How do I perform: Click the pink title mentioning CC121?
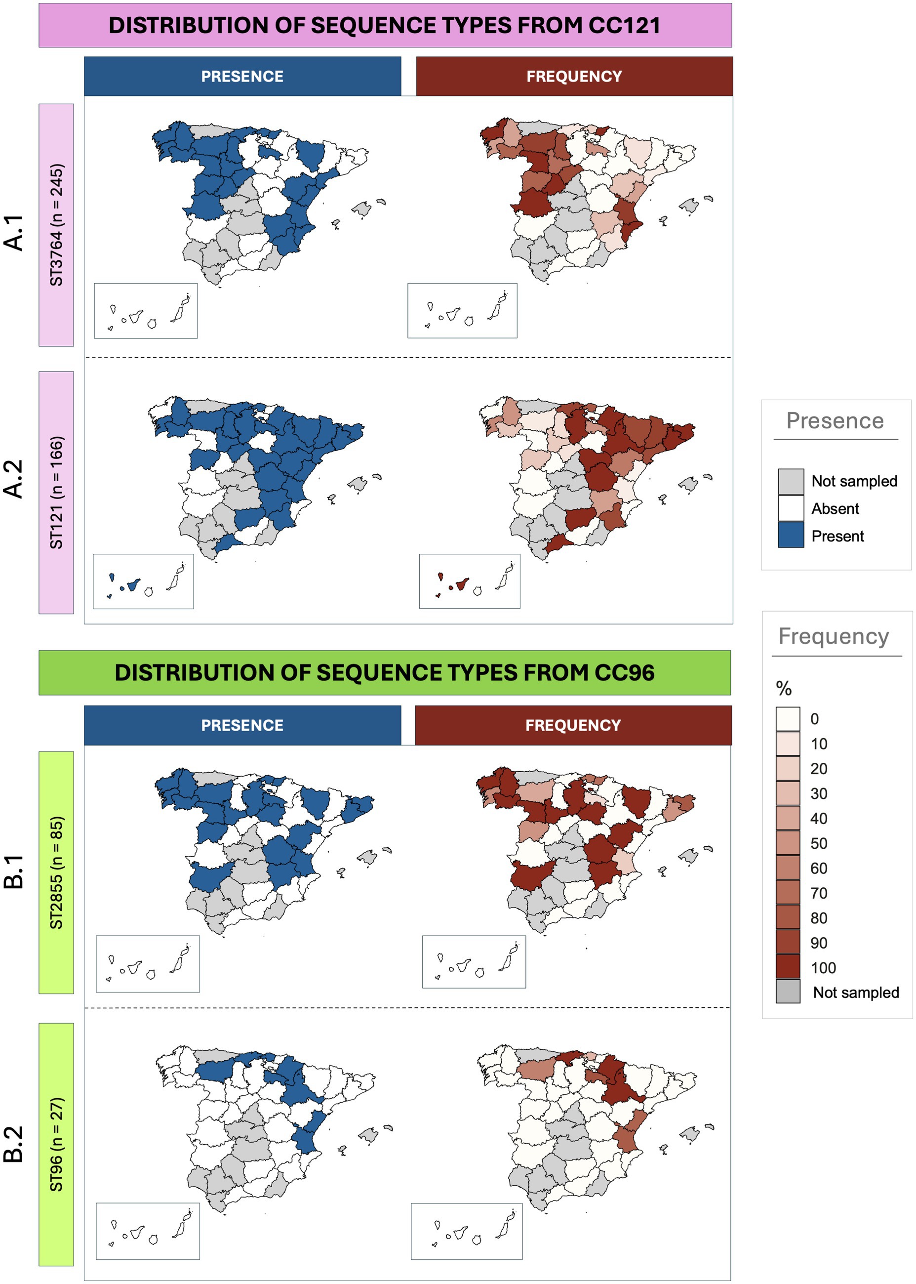pyautogui.click(x=385, y=25)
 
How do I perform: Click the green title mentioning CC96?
pyautogui.click(x=385, y=672)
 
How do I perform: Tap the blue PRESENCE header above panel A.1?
pyautogui.click(x=242, y=76)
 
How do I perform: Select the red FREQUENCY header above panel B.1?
pyautogui.click(x=573, y=725)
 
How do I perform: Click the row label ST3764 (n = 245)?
pyautogui.click(x=56, y=224)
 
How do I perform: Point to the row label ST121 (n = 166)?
pyautogui.click(x=56, y=492)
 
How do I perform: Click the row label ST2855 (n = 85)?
pyautogui.click(x=56, y=872)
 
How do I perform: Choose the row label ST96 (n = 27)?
pyautogui.click(x=56, y=1144)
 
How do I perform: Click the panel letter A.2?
pyautogui.click(x=13, y=478)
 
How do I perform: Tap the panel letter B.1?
pyautogui.click(x=13, y=871)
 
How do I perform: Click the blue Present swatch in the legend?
pyautogui.click(x=791, y=535)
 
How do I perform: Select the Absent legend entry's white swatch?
pyautogui.click(x=791, y=508)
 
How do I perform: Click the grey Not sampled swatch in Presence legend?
pyautogui.click(x=791, y=481)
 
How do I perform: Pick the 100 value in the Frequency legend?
pyautogui.click(x=823, y=967)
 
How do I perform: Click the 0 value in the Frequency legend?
pyautogui.click(x=814, y=719)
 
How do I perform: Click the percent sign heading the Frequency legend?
pyautogui.click(x=784, y=688)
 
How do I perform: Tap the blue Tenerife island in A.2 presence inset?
pyautogui.click(x=133, y=585)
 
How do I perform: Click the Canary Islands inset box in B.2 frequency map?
pyautogui.click(x=467, y=1231)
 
